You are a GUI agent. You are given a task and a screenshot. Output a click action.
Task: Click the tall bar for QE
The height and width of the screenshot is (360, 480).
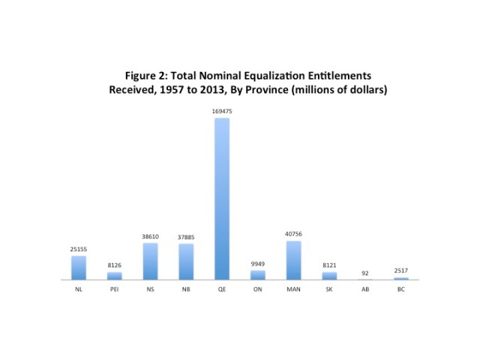point(222,199)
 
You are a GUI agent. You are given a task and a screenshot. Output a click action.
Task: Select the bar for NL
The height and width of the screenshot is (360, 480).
point(79,268)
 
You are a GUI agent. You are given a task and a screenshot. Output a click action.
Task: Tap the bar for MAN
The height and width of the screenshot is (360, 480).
point(293,260)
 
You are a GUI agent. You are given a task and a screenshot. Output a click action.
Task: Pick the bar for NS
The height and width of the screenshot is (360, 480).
point(150,261)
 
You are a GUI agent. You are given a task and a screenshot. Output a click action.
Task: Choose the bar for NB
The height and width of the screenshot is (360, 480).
point(186,262)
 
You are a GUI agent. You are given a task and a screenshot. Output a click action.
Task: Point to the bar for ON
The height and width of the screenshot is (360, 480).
point(258,275)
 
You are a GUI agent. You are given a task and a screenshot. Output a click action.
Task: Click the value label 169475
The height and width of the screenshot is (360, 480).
point(222,112)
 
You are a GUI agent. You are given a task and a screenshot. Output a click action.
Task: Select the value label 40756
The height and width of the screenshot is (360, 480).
point(293,235)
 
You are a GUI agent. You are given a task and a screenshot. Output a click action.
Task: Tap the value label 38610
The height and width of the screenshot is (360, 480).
point(150,237)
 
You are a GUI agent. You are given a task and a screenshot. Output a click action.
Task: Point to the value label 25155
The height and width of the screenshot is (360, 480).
point(79,250)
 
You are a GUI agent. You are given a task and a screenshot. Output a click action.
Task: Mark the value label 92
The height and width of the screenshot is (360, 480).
point(365,273)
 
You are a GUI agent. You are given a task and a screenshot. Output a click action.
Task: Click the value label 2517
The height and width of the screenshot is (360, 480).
point(401,270)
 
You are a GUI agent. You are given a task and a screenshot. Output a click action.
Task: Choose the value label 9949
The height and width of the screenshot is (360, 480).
point(258,264)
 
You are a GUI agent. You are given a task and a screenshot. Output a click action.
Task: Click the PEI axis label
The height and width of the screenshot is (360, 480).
point(115,289)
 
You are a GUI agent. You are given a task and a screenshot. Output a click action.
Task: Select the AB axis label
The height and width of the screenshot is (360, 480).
point(365,289)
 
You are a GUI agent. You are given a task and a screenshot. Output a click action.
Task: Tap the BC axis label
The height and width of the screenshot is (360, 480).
point(401,289)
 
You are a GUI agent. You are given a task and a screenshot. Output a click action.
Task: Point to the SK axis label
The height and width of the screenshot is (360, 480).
point(329,289)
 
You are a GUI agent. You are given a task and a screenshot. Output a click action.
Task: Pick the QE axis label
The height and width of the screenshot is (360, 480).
point(222,289)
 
